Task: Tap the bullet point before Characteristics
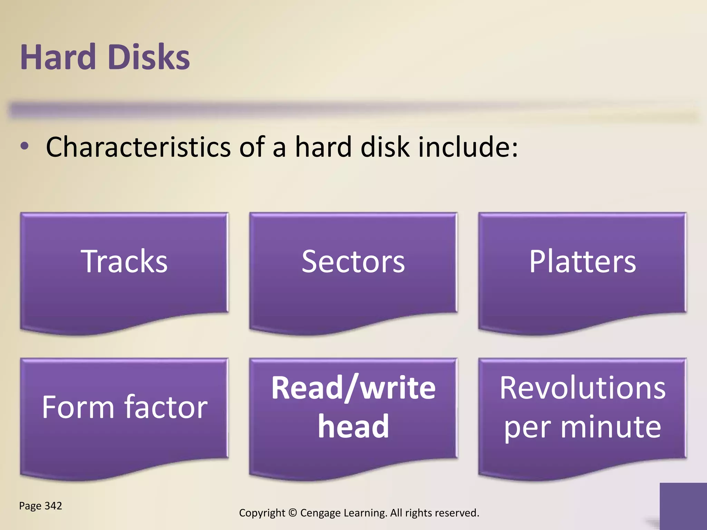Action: [24, 146]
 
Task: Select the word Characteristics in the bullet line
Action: [138, 147]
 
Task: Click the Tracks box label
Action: [124, 262]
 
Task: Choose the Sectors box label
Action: [353, 262]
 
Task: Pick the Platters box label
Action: [582, 262]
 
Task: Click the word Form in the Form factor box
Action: [78, 408]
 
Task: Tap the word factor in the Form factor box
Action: [166, 408]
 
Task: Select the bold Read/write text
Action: [353, 388]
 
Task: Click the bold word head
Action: [353, 426]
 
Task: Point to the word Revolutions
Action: [582, 388]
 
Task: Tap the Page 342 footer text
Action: [40, 506]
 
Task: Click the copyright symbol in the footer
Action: [292, 513]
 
